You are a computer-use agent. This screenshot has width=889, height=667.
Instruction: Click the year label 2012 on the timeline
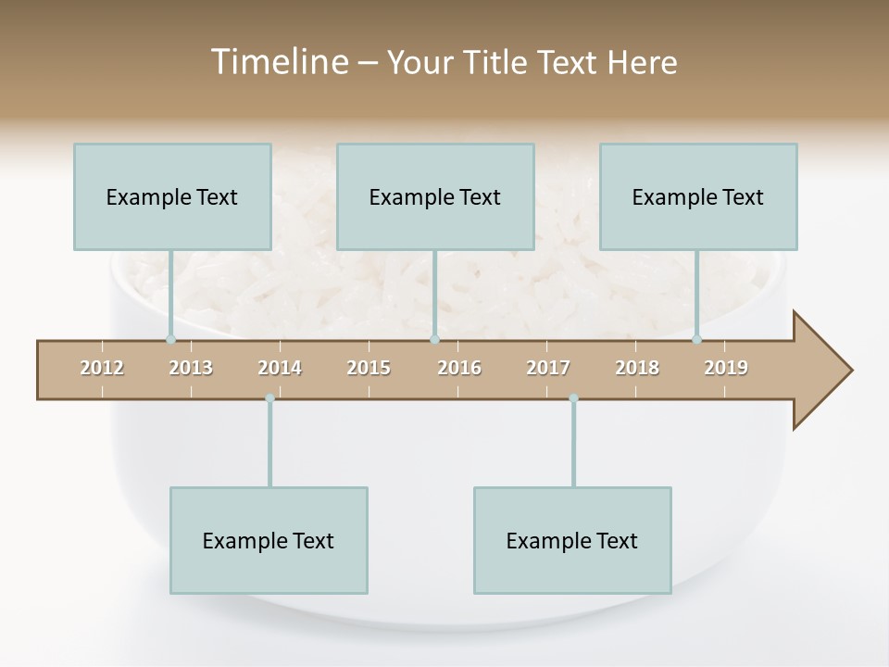coord(102,368)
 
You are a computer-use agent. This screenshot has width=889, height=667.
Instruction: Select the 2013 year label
coord(191,368)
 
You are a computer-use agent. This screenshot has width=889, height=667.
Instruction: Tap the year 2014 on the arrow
coord(280,368)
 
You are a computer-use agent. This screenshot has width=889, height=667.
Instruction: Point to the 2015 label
coord(369,368)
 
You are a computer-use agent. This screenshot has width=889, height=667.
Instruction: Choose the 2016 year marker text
coord(459,368)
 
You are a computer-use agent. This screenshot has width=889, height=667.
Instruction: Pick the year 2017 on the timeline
coord(548,368)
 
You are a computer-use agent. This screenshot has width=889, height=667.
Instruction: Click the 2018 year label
coord(637,368)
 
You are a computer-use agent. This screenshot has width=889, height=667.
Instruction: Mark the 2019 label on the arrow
coord(726,368)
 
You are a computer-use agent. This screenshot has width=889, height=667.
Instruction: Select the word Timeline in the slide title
coord(277,62)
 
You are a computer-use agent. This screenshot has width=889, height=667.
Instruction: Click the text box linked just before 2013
coord(172,196)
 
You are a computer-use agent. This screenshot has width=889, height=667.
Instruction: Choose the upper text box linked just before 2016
coord(435,196)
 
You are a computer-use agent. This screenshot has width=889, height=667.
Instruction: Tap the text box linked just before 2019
coord(698,196)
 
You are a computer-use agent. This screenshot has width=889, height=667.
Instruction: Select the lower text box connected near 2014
coord(269,540)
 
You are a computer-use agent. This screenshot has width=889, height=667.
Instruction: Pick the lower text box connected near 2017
coord(572,540)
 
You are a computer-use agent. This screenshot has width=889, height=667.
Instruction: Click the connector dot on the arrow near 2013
coord(170,340)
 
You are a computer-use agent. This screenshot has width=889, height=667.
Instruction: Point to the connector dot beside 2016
coord(434,340)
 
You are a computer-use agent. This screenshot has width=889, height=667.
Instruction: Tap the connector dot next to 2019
coord(697,340)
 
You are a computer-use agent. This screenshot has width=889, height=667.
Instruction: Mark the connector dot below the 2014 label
coord(269,398)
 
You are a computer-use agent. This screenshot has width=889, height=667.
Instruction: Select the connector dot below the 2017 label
coord(573,398)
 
